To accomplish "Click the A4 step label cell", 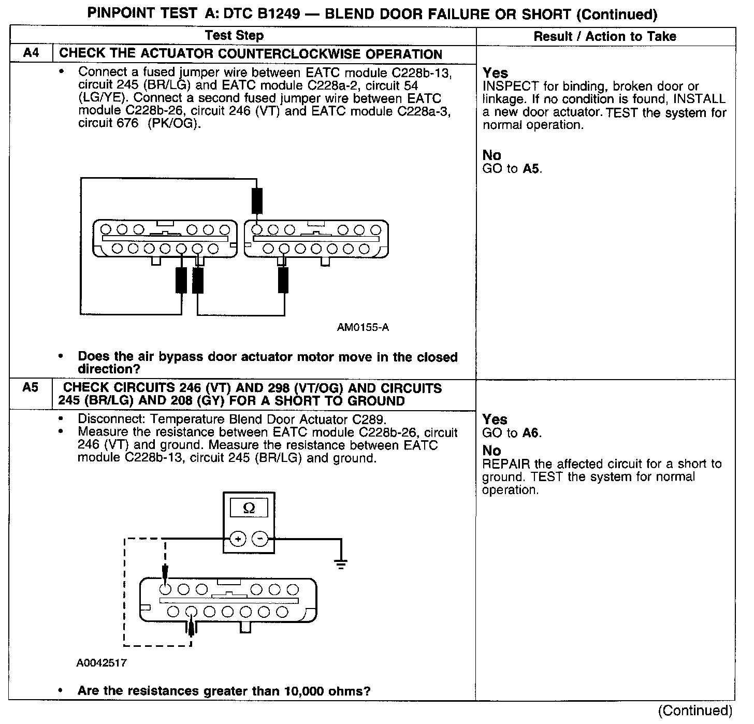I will pyautogui.click(x=31, y=53).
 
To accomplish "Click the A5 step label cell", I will pyautogui.click(x=31, y=388).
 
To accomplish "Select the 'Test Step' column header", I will pyautogui.click(x=234, y=36).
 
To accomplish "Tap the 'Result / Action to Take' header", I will pyautogui.click(x=605, y=36).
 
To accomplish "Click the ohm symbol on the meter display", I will pyautogui.click(x=249, y=509).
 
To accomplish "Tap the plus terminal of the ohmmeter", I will pyautogui.click(x=237, y=540).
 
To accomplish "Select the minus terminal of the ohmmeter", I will pyautogui.click(x=259, y=540).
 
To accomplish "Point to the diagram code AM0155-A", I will pyautogui.click(x=363, y=327).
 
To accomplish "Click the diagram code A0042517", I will pyautogui.click(x=102, y=663).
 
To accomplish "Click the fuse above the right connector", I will pyautogui.click(x=257, y=201).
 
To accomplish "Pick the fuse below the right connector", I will pyautogui.click(x=283, y=280).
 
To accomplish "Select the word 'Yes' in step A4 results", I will pyautogui.click(x=495, y=73).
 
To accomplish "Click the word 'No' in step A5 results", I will pyautogui.click(x=491, y=451).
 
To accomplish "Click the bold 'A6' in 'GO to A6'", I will pyautogui.click(x=531, y=433).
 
